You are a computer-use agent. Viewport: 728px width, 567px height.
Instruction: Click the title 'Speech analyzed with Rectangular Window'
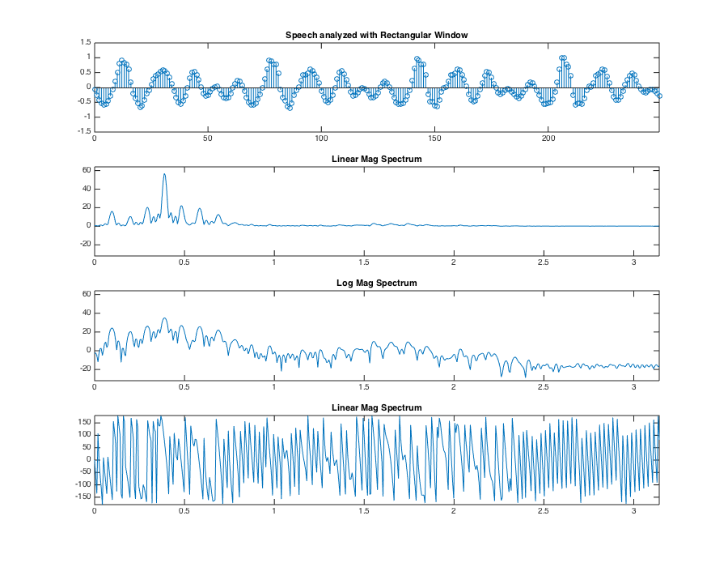(376, 35)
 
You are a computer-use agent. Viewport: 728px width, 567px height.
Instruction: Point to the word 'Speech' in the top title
(302, 35)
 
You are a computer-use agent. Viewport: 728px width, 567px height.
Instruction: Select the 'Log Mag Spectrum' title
(376, 283)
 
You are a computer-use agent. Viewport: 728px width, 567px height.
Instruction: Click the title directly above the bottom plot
(376, 407)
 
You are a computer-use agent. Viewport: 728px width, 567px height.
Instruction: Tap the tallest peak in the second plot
(164, 174)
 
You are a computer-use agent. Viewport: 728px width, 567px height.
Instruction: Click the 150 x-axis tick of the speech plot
(434, 139)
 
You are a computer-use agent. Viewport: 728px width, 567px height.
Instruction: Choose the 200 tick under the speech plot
(548, 139)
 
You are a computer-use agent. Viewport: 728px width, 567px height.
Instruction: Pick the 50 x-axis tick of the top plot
(208, 139)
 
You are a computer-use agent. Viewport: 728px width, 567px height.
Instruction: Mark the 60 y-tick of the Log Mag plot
(85, 294)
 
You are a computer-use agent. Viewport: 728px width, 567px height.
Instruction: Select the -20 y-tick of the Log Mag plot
(83, 369)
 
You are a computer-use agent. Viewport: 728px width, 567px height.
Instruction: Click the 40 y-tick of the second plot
(85, 189)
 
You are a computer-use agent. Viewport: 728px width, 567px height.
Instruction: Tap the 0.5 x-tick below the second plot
(184, 262)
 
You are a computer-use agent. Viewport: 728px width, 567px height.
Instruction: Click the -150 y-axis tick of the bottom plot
(82, 497)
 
